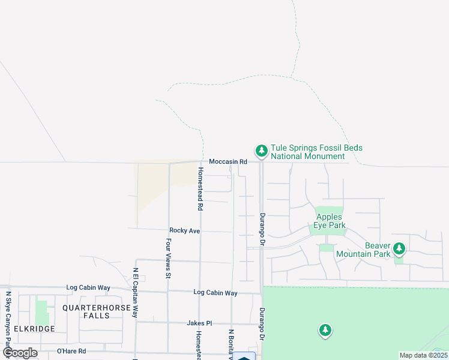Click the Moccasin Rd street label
pyautogui.click(x=228, y=162)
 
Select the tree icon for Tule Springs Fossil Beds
pyautogui.click(x=261, y=150)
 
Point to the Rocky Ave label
pyautogui.click(x=184, y=230)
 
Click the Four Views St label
pyautogui.click(x=169, y=259)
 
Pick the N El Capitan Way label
pyautogui.click(x=136, y=293)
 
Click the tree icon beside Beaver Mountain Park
pyautogui.click(x=399, y=248)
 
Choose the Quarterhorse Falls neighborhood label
pyautogui.click(x=86, y=311)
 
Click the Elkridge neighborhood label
pyautogui.click(x=35, y=329)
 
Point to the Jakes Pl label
pyautogui.click(x=199, y=323)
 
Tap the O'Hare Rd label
pyautogui.click(x=71, y=351)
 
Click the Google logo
pyautogui.click(x=20, y=353)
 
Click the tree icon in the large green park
pyautogui.click(x=325, y=330)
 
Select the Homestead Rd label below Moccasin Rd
pyautogui.click(x=200, y=188)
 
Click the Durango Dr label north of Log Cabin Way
pyautogui.click(x=262, y=229)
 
